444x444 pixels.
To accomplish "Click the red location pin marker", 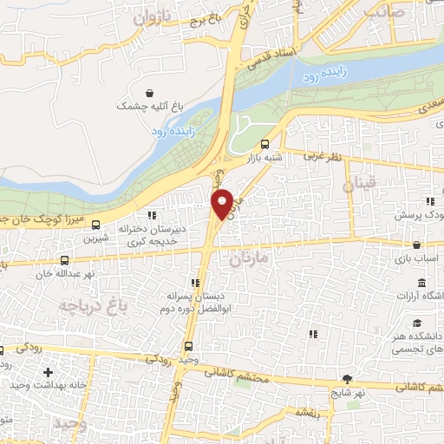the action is click(223, 203).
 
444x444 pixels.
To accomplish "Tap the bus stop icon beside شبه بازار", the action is click(264, 145).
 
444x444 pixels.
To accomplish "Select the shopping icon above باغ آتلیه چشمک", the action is click(150, 92).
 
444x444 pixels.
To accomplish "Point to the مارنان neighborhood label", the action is click(251, 258).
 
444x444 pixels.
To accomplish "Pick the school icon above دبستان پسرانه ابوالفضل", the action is click(194, 283).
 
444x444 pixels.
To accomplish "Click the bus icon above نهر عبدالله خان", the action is click(65, 260).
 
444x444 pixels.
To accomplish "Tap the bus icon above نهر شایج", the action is click(348, 379).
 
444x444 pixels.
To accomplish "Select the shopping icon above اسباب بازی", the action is click(417, 245).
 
